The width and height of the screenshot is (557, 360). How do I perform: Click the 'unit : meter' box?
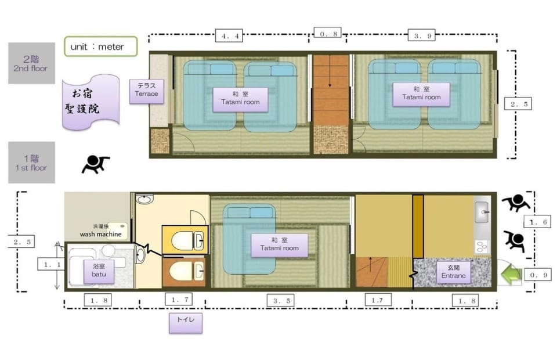(x=101, y=46)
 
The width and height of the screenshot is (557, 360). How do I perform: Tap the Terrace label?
(x=146, y=91)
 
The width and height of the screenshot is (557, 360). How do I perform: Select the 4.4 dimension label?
(x=229, y=36)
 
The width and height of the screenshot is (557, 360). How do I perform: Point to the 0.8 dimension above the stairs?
(x=327, y=34)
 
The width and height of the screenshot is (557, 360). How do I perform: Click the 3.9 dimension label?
(x=422, y=35)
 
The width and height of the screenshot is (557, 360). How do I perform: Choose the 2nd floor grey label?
(x=31, y=63)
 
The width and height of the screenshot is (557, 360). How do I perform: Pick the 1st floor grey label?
(x=31, y=163)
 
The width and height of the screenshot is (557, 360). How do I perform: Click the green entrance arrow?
(x=511, y=273)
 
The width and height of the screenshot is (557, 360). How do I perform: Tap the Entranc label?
(x=453, y=272)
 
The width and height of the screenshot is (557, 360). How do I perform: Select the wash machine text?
(x=101, y=234)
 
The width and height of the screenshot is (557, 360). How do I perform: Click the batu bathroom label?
(x=99, y=271)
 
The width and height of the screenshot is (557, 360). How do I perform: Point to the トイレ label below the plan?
(x=186, y=323)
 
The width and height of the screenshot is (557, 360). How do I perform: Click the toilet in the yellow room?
(x=187, y=240)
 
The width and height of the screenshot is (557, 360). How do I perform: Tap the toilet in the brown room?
(x=186, y=272)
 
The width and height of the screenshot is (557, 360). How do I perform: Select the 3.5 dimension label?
(x=281, y=301)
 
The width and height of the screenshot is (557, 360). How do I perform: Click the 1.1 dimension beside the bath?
(x=52, y=264)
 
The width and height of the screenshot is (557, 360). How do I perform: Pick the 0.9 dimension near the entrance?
(x=538, y=274)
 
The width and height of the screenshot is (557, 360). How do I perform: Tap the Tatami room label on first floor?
(x=279, y=245)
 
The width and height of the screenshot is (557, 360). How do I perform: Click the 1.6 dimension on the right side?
(x=537, y=222)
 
